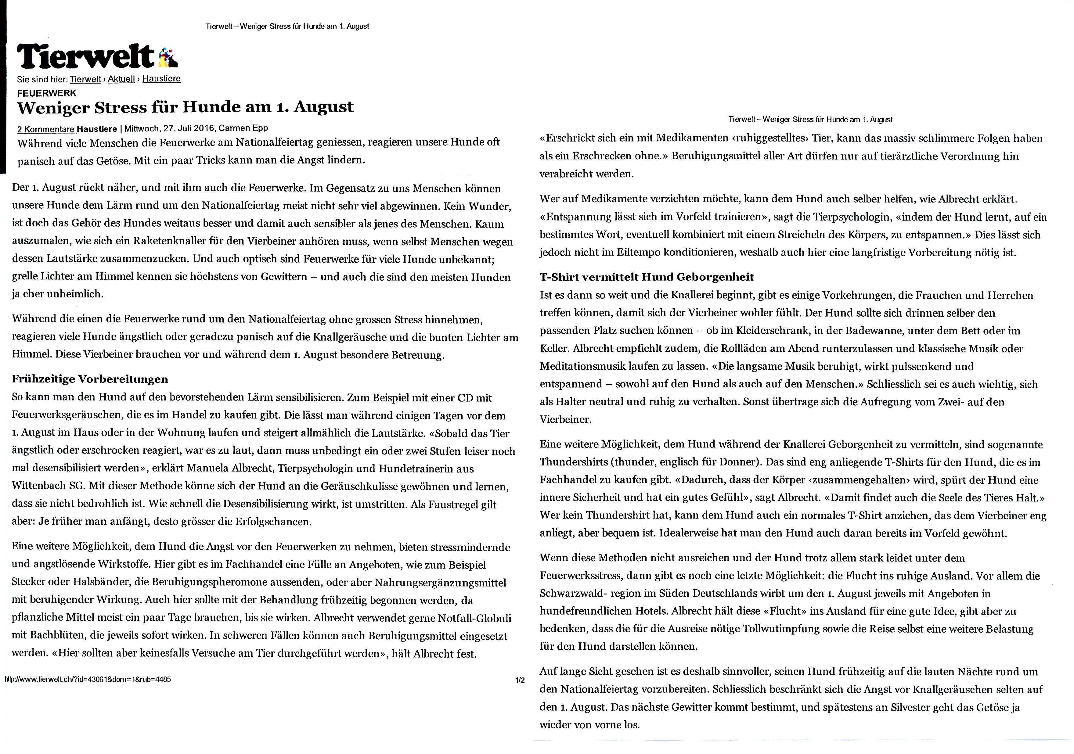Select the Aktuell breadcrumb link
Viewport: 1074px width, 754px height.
pos(121,79)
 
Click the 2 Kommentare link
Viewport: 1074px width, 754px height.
pos(46,129)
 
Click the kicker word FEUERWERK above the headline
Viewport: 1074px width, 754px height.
pos(46,93)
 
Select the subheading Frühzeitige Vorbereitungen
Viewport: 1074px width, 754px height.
pos(90,379)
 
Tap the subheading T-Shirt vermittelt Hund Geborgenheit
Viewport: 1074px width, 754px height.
pos(647,277)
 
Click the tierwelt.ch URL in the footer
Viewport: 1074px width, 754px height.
pos(88,679)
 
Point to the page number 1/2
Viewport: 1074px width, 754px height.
pos(520,680)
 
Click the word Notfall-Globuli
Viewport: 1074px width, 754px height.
pos(474,618)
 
